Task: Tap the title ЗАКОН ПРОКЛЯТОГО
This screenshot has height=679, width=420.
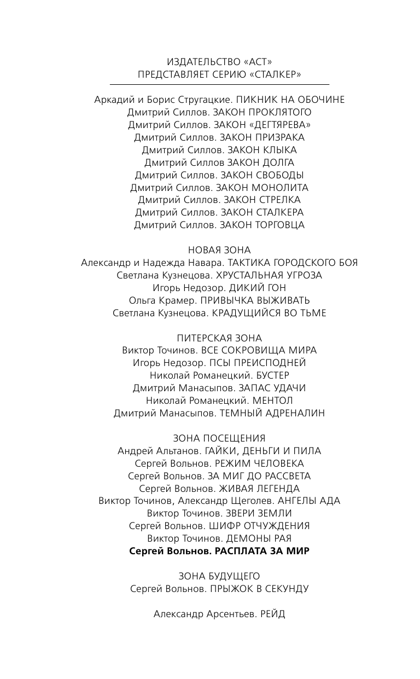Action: (262, 112)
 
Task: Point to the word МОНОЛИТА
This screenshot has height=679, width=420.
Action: (282, 188)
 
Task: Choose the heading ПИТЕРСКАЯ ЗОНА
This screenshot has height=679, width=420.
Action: (219, 338)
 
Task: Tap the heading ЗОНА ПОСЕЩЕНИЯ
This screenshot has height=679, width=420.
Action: (219, 438)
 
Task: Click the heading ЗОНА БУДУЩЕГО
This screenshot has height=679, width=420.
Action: (219, 576)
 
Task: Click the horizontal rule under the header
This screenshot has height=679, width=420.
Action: (219, 85)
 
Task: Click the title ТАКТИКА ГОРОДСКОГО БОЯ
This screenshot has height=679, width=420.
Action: (293, 263)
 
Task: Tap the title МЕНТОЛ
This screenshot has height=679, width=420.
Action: (273, 401)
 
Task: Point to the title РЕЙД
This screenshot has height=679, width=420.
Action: (273, 614)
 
